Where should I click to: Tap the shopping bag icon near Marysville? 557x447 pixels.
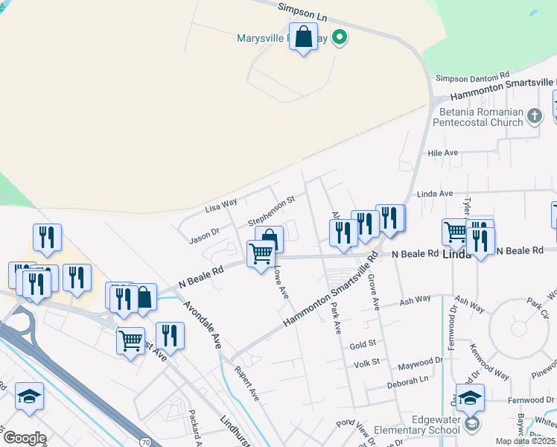304,37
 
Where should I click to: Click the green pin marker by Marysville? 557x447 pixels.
340,37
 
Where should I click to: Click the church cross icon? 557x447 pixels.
534,116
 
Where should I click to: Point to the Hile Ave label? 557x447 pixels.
443,153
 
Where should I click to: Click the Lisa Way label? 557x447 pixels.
221,203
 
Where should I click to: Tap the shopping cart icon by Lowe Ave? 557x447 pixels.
261,254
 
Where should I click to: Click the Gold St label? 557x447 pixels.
363,345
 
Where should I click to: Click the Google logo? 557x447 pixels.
25,437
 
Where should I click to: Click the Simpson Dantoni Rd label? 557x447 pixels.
472,77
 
